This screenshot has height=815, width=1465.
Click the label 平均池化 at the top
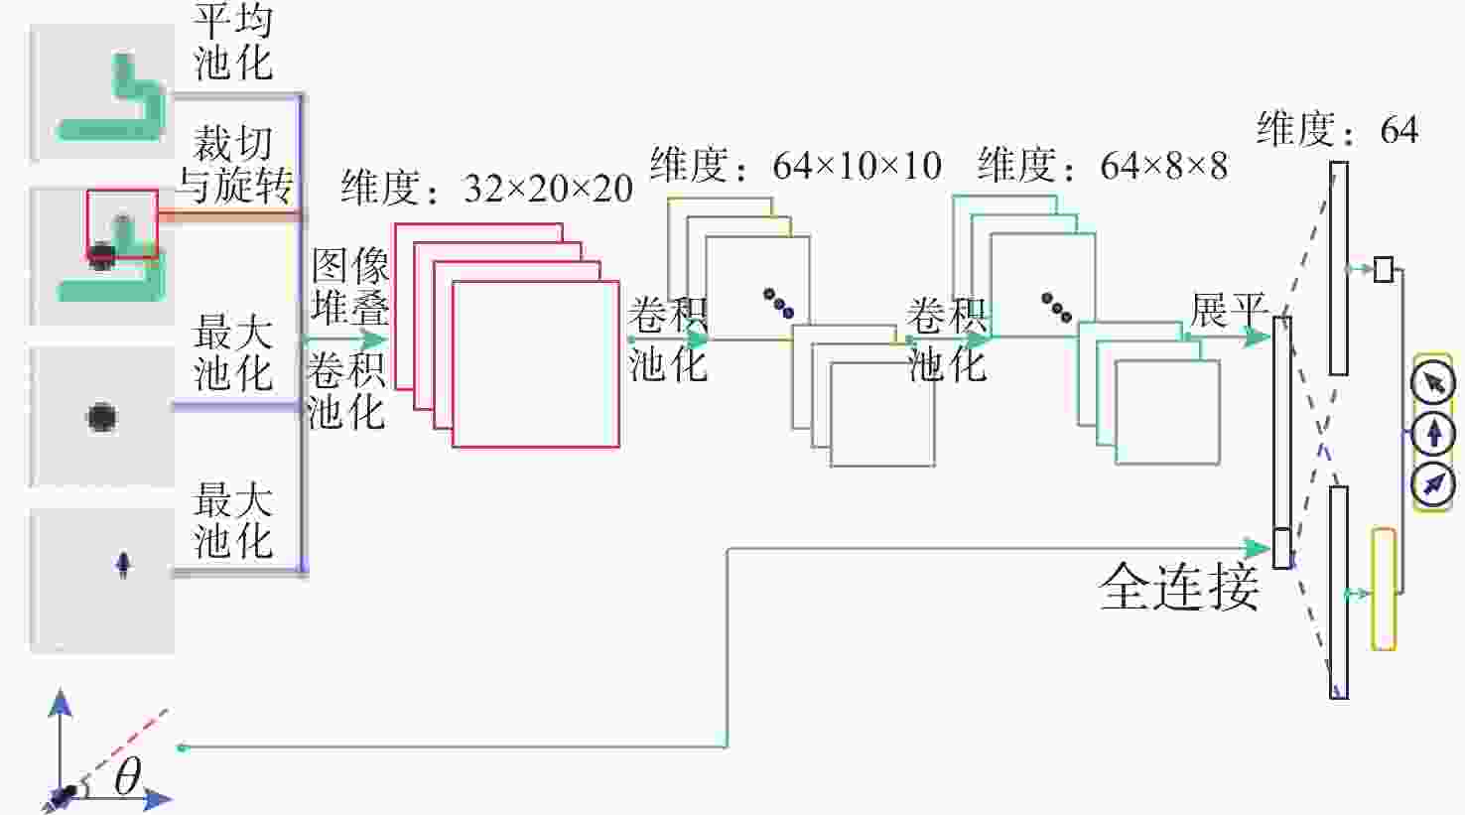233,43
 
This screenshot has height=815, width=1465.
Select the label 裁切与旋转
235,165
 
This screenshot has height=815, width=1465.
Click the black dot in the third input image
101,417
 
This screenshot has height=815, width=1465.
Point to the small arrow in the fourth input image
123,565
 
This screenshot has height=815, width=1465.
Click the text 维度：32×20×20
486,189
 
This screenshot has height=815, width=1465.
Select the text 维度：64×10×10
795,165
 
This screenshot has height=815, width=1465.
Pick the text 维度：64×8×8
1103,165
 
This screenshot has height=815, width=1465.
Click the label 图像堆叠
350,287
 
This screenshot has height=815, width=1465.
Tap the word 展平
1228,310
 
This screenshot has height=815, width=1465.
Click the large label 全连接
1179,586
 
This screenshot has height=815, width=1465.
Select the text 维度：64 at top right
1337,129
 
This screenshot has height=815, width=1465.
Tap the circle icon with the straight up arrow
1433,433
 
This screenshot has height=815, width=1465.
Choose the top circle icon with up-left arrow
1433,382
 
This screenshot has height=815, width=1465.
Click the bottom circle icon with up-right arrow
1433,485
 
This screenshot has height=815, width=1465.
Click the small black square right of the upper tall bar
1384,269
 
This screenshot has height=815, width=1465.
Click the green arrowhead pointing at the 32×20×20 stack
374,340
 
